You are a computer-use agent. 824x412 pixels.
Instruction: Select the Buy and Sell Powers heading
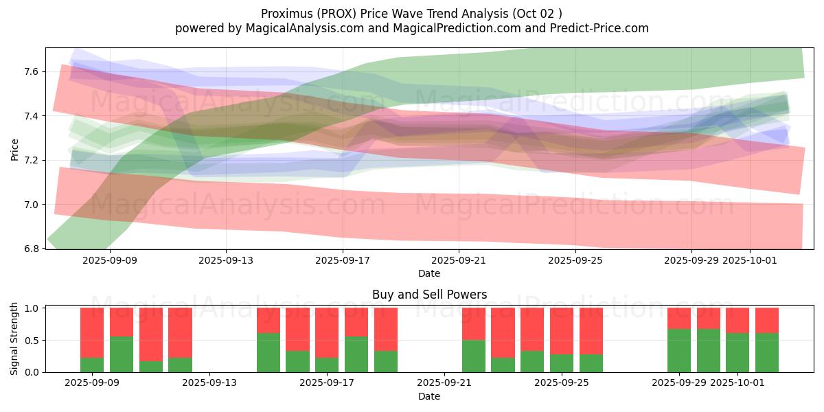pos(429,295)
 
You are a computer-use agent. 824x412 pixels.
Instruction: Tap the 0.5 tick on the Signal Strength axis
pos(32,341)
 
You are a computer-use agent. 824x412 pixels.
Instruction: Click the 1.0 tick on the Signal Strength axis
pos(32,308)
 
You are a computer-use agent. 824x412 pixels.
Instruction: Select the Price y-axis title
pos(14,148)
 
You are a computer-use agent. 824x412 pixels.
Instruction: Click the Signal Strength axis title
pos(14,339)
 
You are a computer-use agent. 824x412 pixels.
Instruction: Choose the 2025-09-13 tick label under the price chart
pos(226,260)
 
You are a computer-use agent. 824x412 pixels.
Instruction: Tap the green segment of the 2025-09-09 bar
pos(92,365)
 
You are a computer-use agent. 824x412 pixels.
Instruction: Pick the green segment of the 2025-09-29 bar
pos(679,350)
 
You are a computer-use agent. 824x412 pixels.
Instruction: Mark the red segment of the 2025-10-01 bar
pos(737,320)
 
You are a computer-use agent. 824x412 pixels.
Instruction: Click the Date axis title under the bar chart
pos(429,396)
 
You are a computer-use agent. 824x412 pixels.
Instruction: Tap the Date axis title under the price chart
pos(429,273)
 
